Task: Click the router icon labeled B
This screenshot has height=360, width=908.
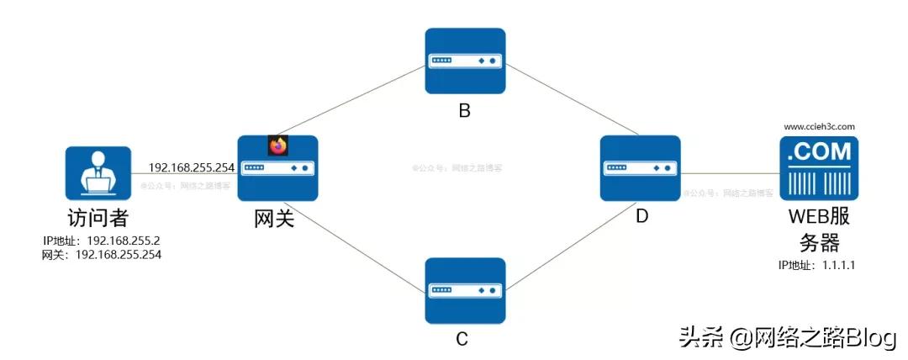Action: [x=464, y=61]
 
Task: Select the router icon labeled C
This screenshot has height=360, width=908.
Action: [x=464, y=290]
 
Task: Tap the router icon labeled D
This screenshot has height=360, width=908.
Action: [x=641, y=168]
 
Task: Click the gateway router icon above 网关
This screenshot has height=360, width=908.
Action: [x=277, y=168]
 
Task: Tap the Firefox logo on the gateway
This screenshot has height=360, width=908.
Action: [x=278, y=145]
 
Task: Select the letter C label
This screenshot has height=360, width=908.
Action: [x=462, y=339]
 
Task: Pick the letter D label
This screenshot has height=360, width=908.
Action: [x=641, y=217]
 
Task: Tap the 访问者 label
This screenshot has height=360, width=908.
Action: [x=97, y=218]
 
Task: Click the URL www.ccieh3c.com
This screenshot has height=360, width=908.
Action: [x=819, y=126]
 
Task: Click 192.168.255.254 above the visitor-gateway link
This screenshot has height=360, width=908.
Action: [x=191, y=167]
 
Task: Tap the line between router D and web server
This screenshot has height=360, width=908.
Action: [x=728, y=173]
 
